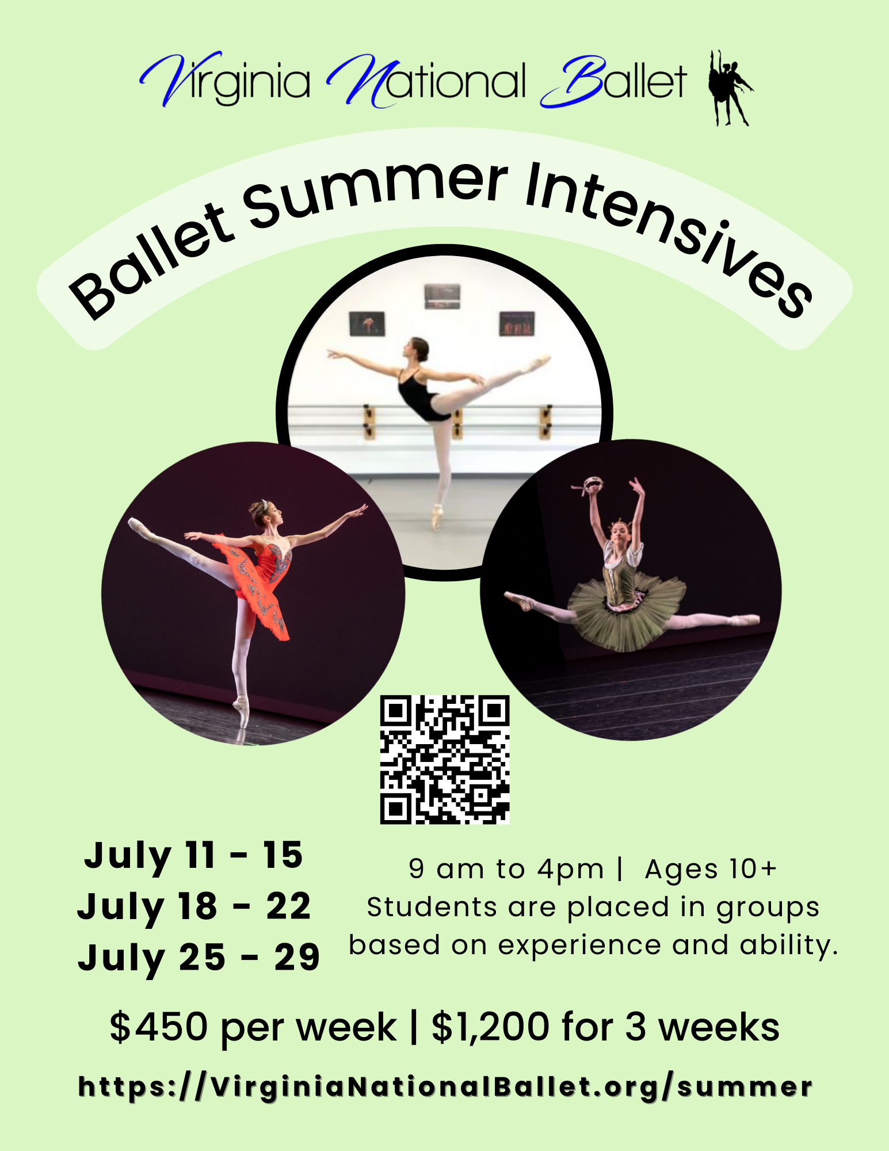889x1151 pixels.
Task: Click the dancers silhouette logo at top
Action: coord(730,87)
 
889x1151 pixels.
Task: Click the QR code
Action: coord(445,759)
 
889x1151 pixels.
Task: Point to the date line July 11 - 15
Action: coord(193,855)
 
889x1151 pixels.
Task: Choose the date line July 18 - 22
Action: coord(194,907)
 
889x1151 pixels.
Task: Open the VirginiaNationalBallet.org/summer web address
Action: coord(445,1087)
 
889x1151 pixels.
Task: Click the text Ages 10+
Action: coord(711,869)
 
